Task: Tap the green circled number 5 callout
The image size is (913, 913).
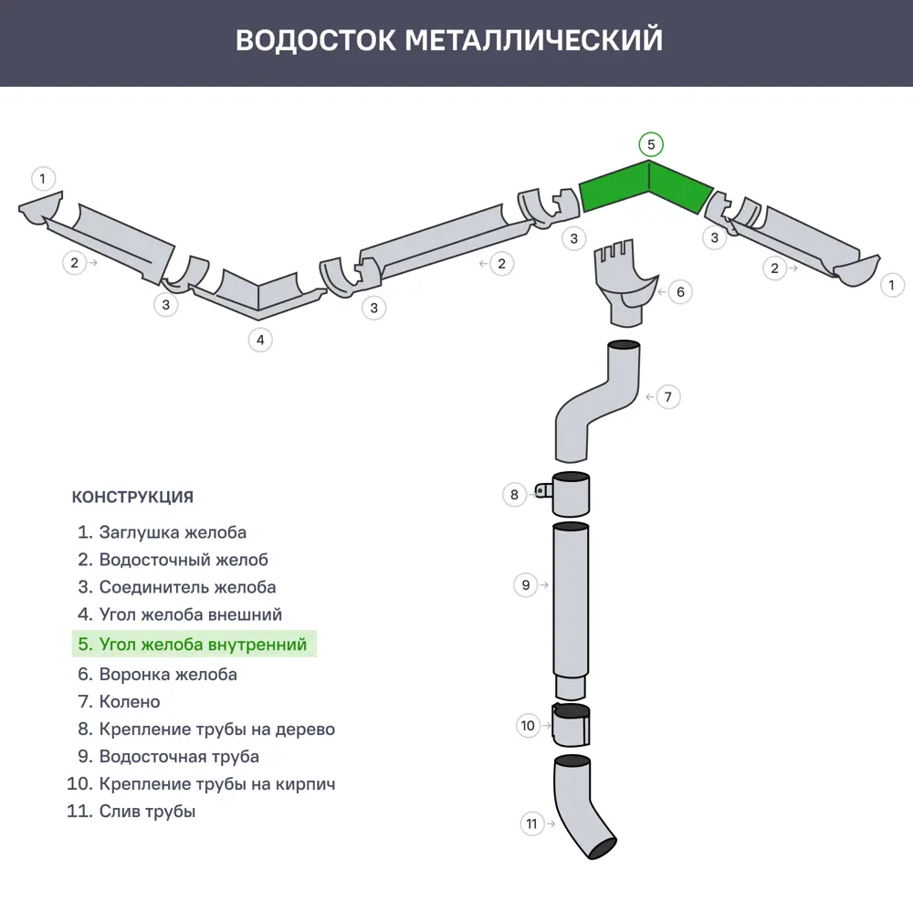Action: coord(650,144)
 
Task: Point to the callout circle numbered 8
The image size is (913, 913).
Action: coord(515,495)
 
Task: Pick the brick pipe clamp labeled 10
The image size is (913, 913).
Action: coord(572,725)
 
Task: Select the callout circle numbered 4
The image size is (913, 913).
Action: coord(260,341)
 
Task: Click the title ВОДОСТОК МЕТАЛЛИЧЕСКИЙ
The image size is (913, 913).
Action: coord(448,41)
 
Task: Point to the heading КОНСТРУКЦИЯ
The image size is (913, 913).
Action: coord(132,498)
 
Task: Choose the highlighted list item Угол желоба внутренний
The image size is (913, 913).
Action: coord(194,645)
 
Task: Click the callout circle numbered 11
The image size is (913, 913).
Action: coord(532,824)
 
